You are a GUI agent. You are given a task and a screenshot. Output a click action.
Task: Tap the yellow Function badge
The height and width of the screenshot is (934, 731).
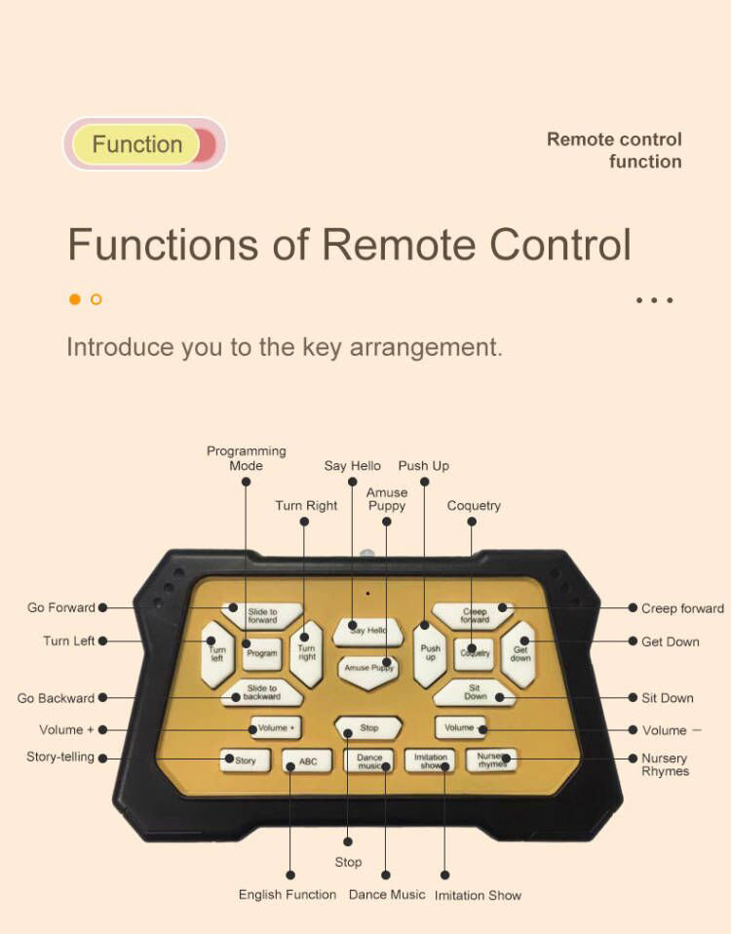click(x=137, y=144)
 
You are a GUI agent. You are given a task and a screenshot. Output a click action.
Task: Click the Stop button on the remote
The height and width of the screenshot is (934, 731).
click(x=368, y=727)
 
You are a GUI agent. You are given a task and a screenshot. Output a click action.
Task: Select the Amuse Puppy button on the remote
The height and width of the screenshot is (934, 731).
click(x=368, y=668)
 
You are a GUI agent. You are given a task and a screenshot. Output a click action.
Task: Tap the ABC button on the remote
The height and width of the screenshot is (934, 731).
click(x=307, y=761)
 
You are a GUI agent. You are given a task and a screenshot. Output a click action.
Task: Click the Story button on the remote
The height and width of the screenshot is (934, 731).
click(x=245, y=760)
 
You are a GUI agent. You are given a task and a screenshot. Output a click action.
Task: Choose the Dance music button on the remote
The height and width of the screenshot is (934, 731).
click(x=369, y=761)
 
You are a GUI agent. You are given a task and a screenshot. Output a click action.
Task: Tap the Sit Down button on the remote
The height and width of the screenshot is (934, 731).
click(x=475, y=692)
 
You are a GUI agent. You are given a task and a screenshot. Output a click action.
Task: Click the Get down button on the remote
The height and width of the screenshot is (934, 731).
click(x=519, y=653)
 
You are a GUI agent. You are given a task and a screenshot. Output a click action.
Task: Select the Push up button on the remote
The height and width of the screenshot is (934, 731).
click(x=430, y=652)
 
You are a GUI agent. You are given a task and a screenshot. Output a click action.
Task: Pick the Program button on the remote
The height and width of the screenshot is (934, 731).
click(x=261, y=653)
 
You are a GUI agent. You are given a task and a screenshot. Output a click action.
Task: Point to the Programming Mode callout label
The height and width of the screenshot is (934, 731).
click(x=246, y=458)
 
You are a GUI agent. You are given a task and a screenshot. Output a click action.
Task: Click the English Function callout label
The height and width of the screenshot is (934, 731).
click(x=288, y=895)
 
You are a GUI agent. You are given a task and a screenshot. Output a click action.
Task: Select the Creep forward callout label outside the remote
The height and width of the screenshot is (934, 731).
click(x=682, y=608)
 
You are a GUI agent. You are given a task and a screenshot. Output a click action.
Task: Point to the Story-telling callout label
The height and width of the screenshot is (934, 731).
click(x=60, y=757)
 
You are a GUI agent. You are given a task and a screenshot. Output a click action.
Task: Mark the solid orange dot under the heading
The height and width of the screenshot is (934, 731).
click(x=75, y=299)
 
